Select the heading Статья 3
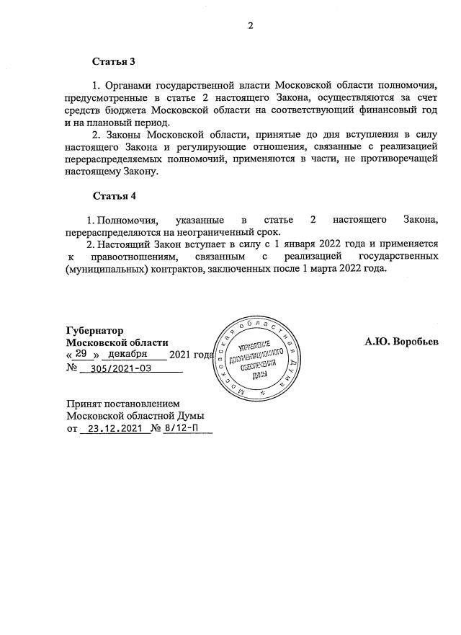114,63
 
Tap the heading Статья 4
114,196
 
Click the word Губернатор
94,330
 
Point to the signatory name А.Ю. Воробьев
400,342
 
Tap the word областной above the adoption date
149,416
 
